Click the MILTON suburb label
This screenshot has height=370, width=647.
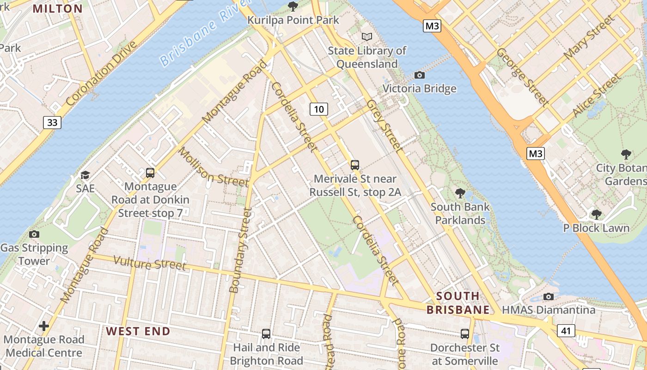(58, 8)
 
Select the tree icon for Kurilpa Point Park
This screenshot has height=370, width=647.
(293, 6)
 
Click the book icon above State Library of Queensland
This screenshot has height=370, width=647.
(367, 37)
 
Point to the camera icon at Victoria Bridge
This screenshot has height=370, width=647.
(420, 75)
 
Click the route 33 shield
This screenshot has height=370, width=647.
(52, 122)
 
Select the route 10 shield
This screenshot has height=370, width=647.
(318, 109)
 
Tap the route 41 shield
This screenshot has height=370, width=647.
(566, 330)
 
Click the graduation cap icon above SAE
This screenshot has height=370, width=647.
(85, 175)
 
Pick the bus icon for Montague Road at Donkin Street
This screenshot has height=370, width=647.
(150, 173)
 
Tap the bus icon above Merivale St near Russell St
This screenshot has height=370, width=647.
(355, 165)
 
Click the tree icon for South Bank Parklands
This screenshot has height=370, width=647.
(460, 193)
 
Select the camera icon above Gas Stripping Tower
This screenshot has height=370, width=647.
(34, 234)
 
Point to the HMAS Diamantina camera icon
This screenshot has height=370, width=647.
(549, 296)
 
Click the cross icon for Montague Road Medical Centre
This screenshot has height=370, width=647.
(44, 326)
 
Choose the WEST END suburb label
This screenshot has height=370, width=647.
(138, 331)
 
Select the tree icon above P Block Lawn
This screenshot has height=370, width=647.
(596, 214)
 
